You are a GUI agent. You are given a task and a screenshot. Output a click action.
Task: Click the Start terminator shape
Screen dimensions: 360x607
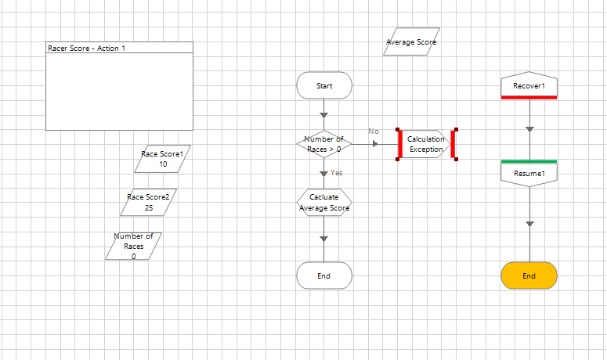pos(324,85)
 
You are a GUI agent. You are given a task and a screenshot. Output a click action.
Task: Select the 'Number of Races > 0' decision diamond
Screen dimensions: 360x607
pos(324,144)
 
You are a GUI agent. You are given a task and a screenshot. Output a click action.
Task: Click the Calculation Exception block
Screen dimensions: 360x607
pos(426,144)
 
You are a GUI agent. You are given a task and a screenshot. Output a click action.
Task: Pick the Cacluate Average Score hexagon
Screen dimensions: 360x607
pos(324,203)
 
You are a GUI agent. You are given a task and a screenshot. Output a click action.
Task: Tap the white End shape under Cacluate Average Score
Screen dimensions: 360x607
pos(324,275)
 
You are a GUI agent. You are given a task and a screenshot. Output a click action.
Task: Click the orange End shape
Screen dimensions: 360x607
pos(529,275)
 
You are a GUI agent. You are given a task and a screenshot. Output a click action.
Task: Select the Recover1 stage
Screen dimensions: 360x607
pos(529,85)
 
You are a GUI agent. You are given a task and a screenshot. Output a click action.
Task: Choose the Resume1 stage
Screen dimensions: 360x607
pos(529,173)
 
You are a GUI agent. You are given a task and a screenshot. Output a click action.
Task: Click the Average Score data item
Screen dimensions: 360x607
pos(411,42)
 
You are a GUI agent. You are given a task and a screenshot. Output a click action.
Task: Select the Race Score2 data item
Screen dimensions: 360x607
pos(149,203)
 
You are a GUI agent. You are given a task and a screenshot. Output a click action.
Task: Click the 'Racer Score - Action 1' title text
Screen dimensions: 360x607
pos(86,49)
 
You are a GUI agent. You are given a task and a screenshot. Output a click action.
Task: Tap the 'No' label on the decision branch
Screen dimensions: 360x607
pos(374,131)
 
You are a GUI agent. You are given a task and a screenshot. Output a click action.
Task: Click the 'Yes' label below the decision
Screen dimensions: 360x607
pos(337,172)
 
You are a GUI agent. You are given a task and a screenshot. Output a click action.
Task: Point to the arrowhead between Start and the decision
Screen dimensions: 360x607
pos(324,115)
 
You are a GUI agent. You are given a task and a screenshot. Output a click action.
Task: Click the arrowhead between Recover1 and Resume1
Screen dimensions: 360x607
pos(529,129)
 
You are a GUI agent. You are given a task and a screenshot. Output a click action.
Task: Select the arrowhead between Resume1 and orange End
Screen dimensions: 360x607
pos(529,225)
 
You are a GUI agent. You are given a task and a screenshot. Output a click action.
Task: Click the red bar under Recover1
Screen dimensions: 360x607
pos(529,97)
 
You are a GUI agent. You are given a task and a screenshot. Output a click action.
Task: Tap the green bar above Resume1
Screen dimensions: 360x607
pos(529,161)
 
